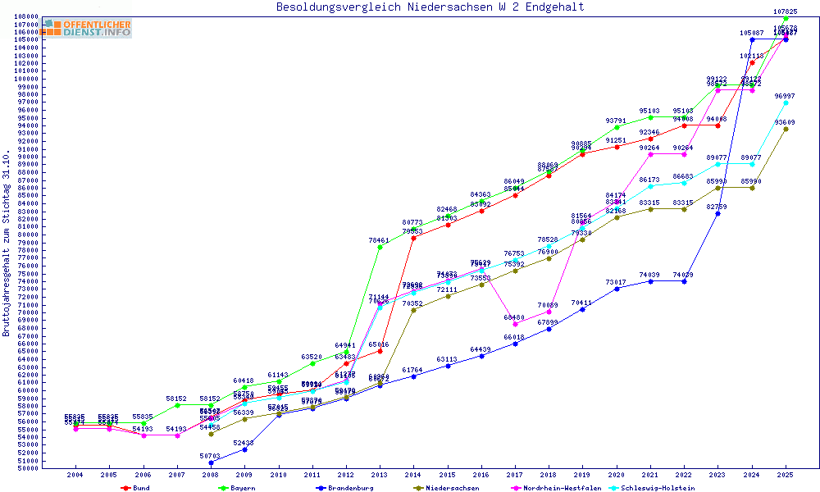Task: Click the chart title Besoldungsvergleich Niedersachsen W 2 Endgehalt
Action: click(x=430, y=7)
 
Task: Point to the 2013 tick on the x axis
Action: click(x=379, y=475)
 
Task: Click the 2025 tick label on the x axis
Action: click(x=786, y=475)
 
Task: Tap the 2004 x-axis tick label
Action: click(x=75, y=475)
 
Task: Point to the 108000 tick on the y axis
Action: click(x=27, y=16)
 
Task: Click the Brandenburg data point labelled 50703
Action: click(x=211, y=462)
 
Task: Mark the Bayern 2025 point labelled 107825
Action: click(x=786, y=18)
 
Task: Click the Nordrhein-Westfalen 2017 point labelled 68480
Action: click(x=515, y=324)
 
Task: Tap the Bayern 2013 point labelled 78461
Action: click(x=379, y=247)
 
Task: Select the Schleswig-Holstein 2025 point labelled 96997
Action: click(x=786, y=102)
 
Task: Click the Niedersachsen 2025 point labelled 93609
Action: click(x=786, y=129)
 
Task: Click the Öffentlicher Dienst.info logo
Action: click(x=88, y=29)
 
